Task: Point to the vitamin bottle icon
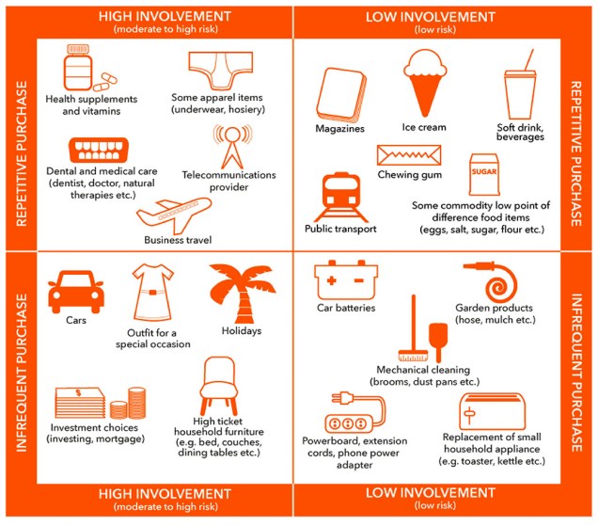coord(82,69)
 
